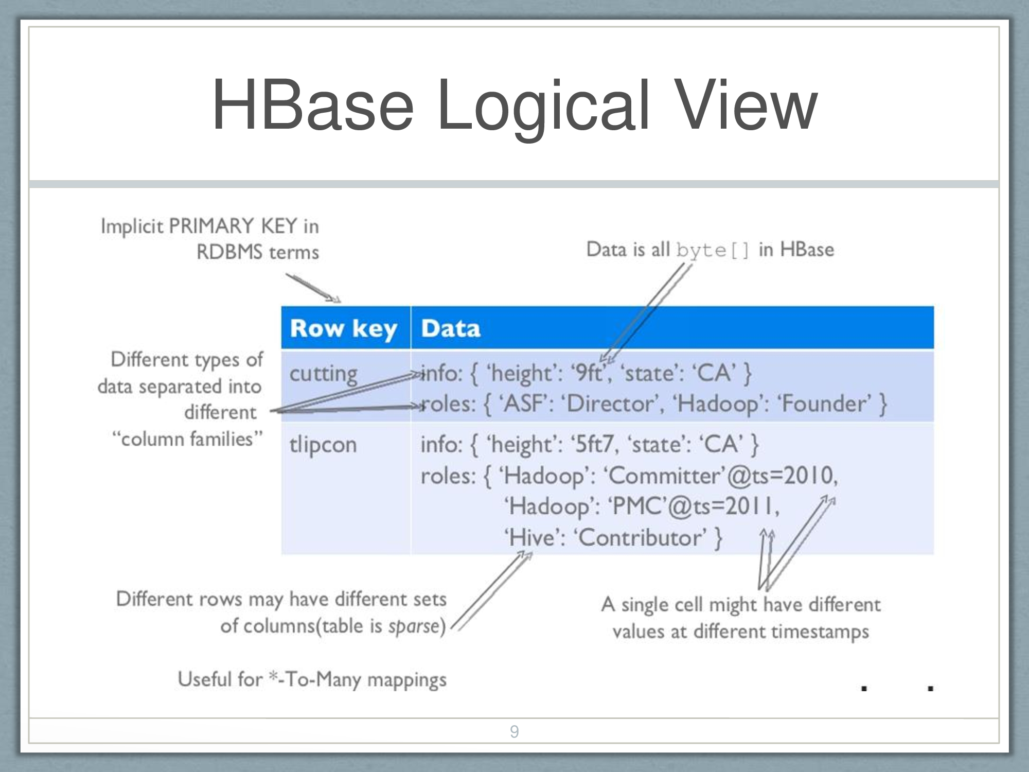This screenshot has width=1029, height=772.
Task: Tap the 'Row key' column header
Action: [x=344, y=328]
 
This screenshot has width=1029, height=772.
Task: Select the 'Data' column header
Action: [x=451, y=328]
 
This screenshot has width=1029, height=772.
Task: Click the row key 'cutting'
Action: [x=323, y=374]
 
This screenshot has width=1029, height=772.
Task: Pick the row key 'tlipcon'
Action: [x=323, y=444]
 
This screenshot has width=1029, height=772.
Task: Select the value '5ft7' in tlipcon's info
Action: [x=592, y=444]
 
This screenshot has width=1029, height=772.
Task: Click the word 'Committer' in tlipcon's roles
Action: [x=667, y=475]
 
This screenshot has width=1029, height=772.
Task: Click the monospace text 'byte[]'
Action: [x=713, y=251]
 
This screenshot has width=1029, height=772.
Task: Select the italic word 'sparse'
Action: [x=415, y=626]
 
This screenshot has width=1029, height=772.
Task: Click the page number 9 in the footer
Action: [x=514, y=731]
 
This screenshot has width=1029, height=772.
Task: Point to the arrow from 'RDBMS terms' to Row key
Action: [x=313, y=288]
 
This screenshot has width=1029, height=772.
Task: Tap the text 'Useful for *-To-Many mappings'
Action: [x=312, y=679]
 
